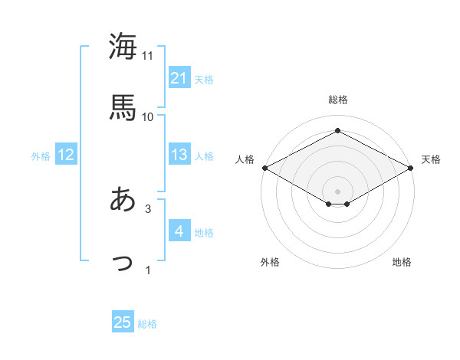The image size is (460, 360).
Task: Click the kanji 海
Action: (123, 47)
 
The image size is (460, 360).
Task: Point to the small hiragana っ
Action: (123, 262)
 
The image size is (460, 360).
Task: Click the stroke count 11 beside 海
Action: (148, 56)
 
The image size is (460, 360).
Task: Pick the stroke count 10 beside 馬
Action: (148, 116)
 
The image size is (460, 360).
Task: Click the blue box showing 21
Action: (179, 78)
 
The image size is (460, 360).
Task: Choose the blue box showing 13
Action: (179, 155)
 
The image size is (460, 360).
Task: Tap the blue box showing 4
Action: (179, 232)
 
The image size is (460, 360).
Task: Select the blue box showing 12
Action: (66, 155)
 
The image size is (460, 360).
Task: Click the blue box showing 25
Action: (123, 323)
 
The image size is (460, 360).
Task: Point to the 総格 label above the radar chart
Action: (338, 100)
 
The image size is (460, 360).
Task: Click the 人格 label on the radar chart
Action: (245, 159)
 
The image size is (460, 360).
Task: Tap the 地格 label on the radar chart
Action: (402, 263)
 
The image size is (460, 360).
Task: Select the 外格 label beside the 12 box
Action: (41, 156)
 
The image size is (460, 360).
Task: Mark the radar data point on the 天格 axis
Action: (412, 168)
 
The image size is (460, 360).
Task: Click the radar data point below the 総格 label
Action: (338, 131)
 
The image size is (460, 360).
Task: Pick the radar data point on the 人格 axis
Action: (264, 168)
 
